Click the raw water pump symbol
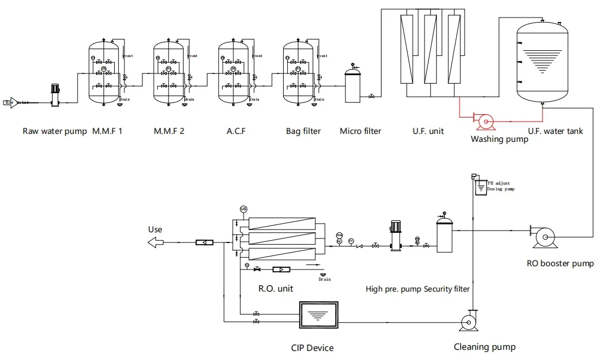(55, 94)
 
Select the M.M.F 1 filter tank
(103, 73)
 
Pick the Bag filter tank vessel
(298, 73)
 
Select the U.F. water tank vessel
(542, 62)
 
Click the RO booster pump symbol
(544, 237)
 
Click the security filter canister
(444, 235)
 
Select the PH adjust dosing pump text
(500, 186)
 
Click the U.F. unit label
(428, 131)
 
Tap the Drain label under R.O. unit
(324, 279)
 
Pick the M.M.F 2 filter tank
(168, 73)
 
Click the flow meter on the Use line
(203, 242)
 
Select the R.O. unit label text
(276, 289)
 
